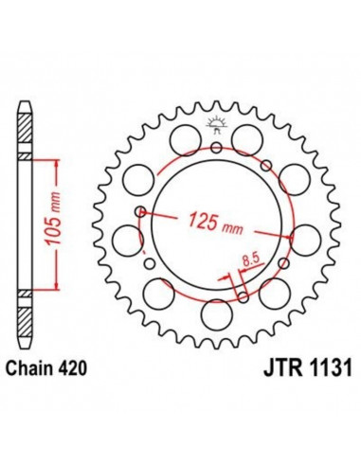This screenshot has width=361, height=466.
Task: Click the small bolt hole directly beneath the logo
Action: coord(217,147)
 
